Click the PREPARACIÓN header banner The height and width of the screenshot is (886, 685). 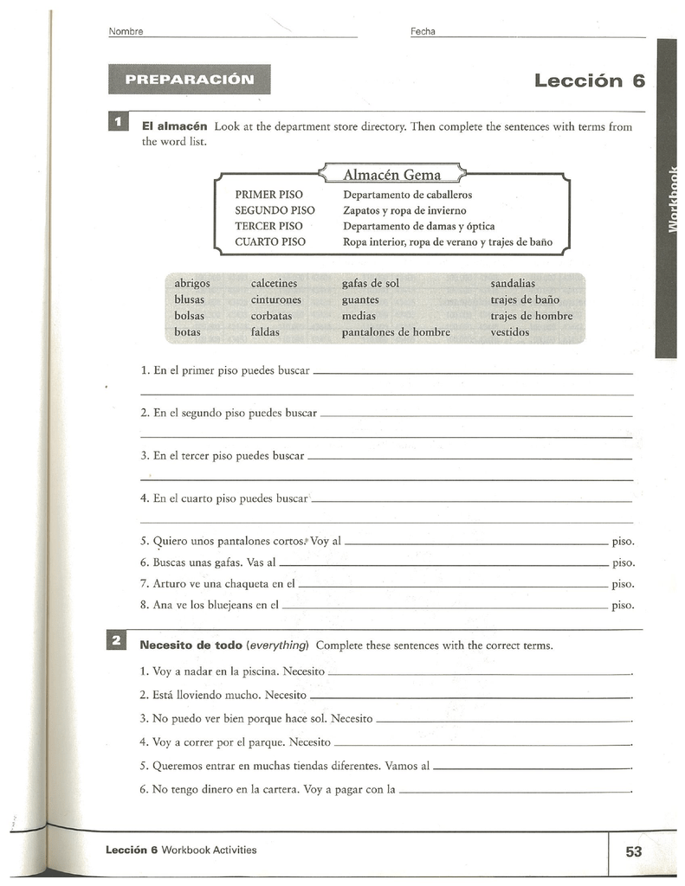click(x=190, y=80)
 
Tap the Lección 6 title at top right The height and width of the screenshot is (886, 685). click(x=590, y=80)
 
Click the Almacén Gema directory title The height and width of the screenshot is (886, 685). click(x=392, y=175)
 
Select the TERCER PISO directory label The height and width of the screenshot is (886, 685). click(x=268, y=226)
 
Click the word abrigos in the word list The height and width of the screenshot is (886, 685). click(x=191, y=283)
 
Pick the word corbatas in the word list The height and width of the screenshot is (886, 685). click(x=271, y=316)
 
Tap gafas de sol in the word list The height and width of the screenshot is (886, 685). click(x=371, y=283)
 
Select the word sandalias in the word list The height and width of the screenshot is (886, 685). click(x=513, y=283)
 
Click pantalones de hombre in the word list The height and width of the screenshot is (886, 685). click(x=396, y=332)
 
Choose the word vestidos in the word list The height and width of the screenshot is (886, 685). click(x=509, y=332)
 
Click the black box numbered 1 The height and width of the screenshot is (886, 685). click(x=117, y=123)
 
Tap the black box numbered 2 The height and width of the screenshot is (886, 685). click(x=117, y=642)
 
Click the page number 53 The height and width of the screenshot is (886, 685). click(x=634, y=851)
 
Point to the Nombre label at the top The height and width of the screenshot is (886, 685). click(x=126, y=32)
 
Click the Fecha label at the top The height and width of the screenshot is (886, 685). click(x=423, y=32)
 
